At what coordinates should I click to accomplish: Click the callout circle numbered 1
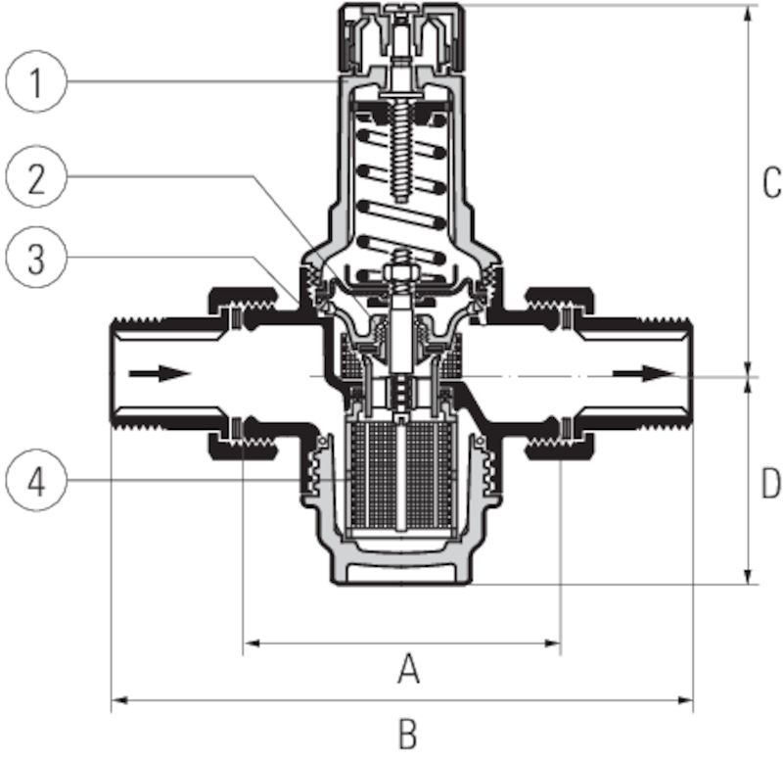point(35,82)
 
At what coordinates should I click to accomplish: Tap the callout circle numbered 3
point(35,259)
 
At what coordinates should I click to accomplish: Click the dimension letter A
point(408,671)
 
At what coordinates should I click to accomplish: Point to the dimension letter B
point(408,733)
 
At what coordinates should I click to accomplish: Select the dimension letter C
point(771,181)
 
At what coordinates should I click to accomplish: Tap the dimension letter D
point(771,483)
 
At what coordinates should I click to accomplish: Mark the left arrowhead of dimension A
point(251,643)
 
